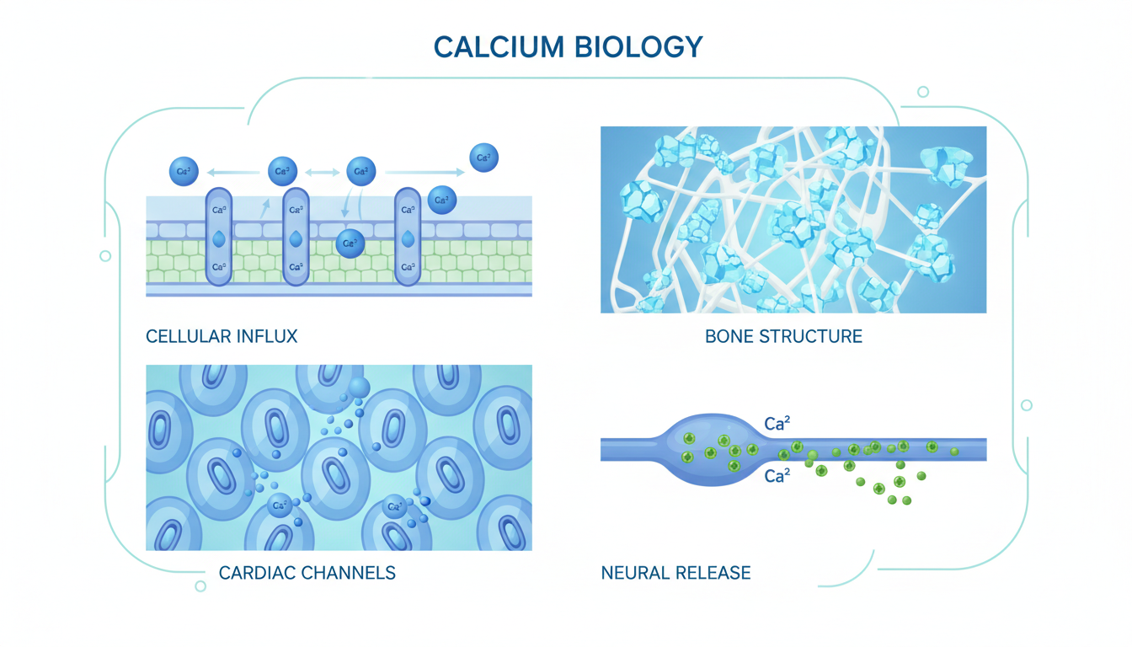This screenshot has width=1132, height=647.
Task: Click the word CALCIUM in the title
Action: point(497,46)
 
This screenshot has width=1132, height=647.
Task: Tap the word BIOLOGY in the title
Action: point(638,46)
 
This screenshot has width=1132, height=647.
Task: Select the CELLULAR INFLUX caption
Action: point(222,337)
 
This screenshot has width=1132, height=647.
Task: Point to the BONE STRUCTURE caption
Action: point(783,337)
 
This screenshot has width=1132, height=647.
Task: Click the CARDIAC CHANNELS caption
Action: point(307,574)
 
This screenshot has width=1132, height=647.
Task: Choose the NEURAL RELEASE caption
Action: point(675,574)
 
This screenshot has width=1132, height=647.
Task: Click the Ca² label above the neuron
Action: point(777,423)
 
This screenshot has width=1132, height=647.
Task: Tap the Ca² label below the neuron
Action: point(777,477)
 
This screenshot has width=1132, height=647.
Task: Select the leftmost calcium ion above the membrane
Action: point(184,171)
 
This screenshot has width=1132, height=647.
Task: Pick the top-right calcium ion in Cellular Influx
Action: point(483,158)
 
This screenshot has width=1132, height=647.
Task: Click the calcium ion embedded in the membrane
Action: point(350,243)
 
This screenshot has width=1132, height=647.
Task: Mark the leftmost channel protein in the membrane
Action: point(219,238)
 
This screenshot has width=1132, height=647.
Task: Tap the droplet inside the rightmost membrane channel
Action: point(408,239)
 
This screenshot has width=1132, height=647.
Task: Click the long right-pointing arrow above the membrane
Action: point(425,172)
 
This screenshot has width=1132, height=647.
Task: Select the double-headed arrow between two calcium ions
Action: point(322,172)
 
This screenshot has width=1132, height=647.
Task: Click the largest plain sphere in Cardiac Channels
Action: point(360,387)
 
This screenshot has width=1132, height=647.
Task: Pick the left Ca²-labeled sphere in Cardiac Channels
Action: point(280,506)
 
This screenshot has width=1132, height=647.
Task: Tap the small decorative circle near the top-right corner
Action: point(923,92)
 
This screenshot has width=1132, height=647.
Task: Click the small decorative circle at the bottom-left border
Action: point(200,586)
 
